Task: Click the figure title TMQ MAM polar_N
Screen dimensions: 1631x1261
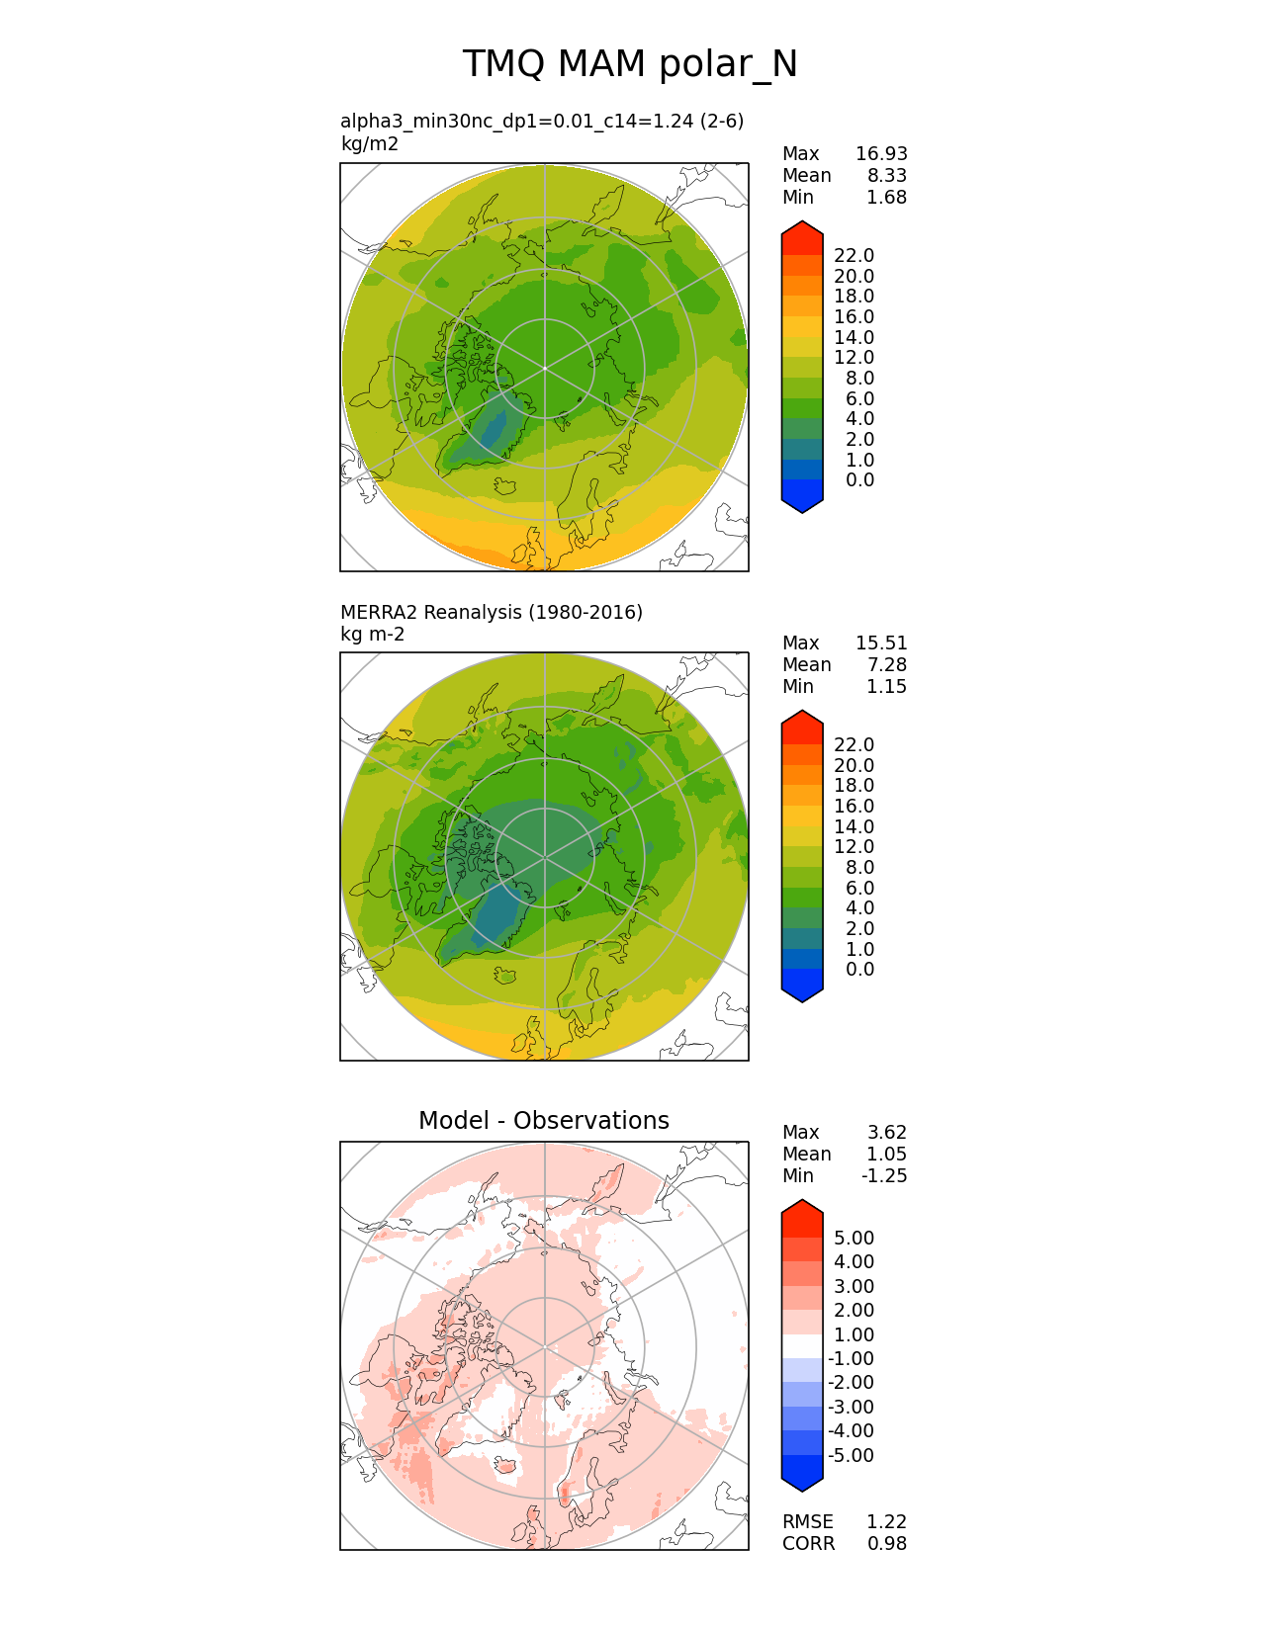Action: click(x=630, y=64)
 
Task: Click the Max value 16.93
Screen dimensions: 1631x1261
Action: click(x=880, y=154)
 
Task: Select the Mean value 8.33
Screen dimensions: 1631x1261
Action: click(x=886, y=176)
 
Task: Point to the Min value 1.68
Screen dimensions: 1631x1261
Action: click(x=886, y=198)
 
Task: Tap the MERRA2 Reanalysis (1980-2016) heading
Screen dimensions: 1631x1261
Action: click(x=491, y=613)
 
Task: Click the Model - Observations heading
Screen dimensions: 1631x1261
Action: click(x=543, y=1121)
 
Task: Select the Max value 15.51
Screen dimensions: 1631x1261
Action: click(x=880, y=644)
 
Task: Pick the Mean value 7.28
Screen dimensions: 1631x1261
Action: click(x=886, y=665)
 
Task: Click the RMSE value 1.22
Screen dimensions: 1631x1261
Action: click(x=886, y=1522)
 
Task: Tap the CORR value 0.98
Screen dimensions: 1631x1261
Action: click(x=886, y=1544)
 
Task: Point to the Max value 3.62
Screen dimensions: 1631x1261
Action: click(x=886, y=1133)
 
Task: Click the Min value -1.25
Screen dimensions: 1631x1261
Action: click(x=883, y=1176)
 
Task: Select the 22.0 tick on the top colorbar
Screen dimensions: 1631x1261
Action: click(x=854, y=256)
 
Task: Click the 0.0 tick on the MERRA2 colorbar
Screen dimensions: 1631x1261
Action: click(x=859, y=970)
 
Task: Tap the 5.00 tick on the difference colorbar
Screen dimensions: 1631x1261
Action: click(x=854, y=1239)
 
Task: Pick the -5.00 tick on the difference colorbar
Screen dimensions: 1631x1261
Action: click(x=851, y=1456)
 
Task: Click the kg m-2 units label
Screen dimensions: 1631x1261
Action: click(x=372, y=635)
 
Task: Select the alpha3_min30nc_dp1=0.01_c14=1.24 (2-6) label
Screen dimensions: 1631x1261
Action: click(x=541, y=122)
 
